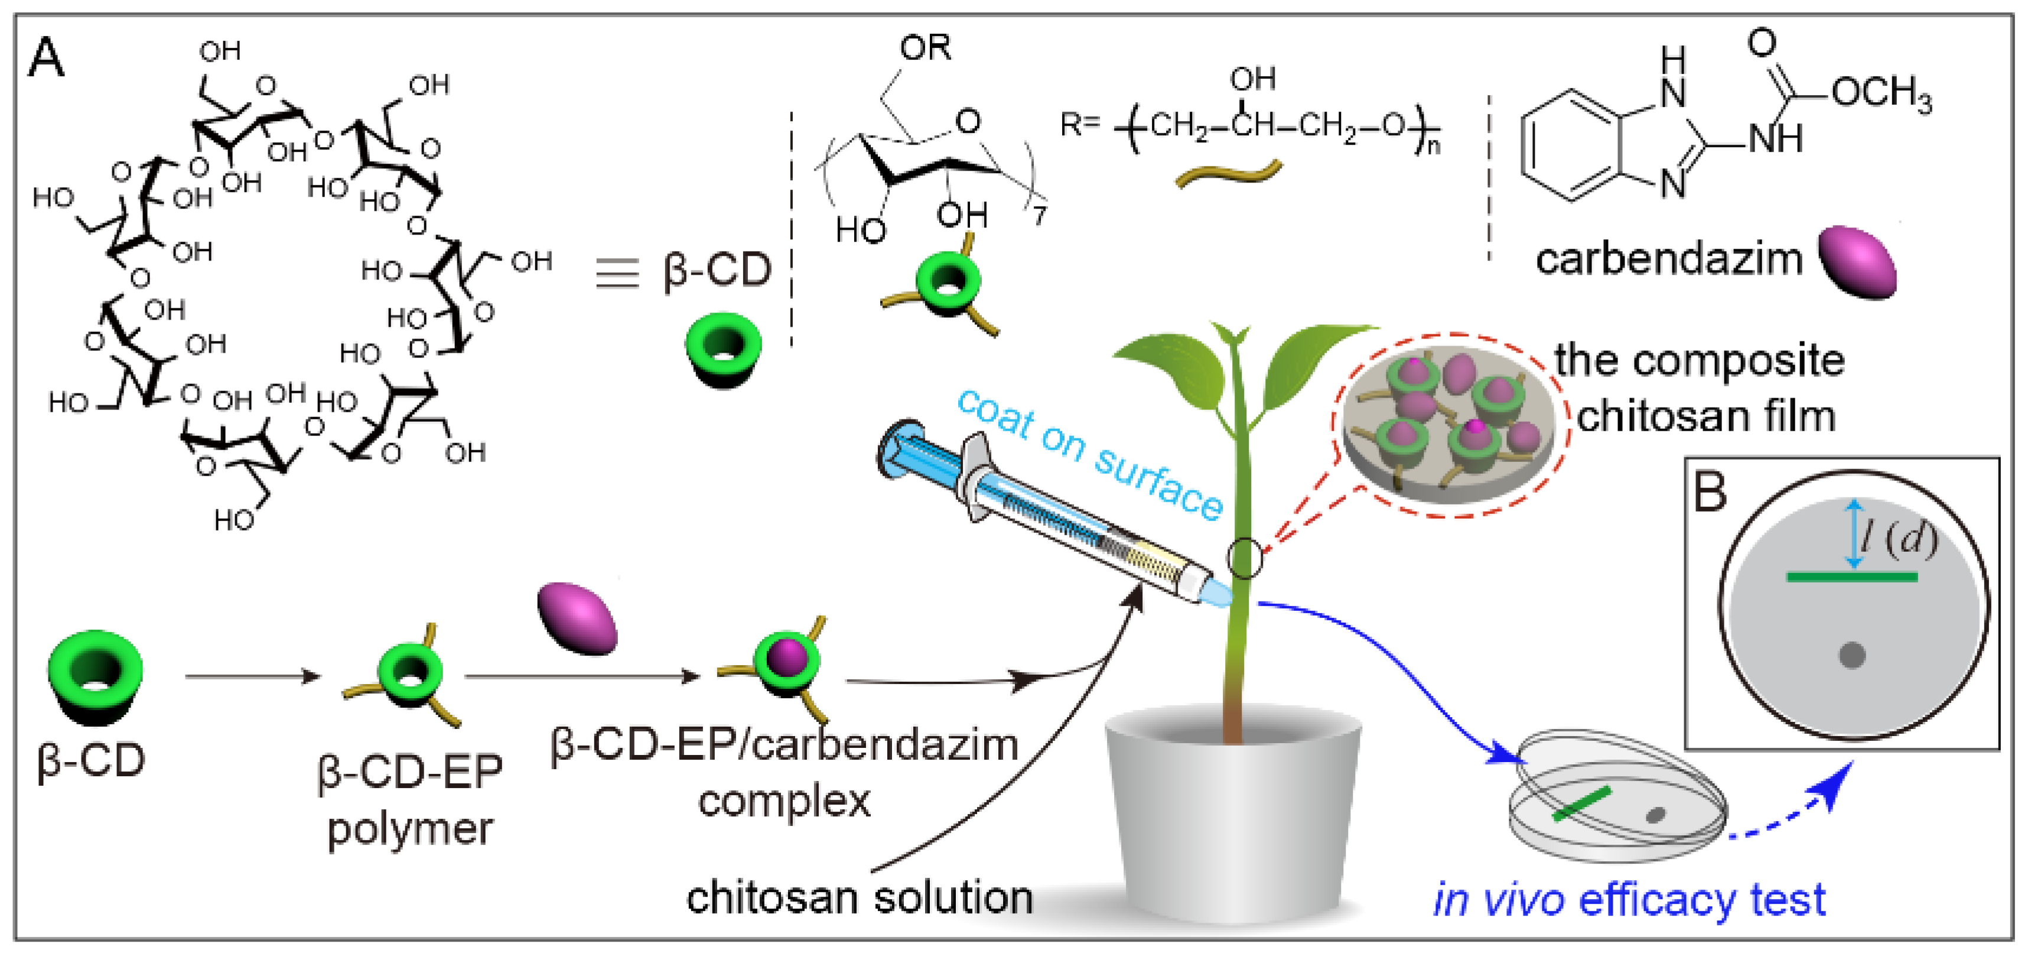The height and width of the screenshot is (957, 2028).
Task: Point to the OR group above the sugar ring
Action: (926, 49)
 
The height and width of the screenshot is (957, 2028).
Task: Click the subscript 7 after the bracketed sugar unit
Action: (1039, 214)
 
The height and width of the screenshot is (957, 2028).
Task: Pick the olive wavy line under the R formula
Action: (1228, 174)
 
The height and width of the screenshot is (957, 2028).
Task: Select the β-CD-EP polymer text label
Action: (410, 799)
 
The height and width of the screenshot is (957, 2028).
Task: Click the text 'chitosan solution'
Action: (860, 897)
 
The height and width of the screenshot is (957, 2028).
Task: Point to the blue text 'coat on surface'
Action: (1091, 453)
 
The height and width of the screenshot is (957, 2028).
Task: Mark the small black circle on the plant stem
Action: (1244, 558)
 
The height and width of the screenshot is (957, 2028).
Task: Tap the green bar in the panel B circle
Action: (1851, 578)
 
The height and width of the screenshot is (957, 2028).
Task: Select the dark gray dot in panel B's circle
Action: (1851, 655)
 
